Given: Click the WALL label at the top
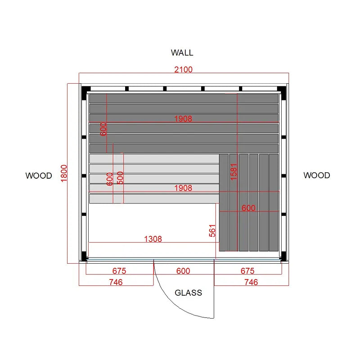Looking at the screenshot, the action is click(182, 53).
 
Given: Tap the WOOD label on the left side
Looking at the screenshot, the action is click(39, 175).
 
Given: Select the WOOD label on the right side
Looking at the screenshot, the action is click(317, 175).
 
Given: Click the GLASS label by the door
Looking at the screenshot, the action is click(188, 293).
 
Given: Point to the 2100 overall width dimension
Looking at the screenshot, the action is click(183, 69).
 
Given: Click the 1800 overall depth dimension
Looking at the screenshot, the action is click(64, 173).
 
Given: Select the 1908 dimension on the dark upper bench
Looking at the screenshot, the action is click(183, 119).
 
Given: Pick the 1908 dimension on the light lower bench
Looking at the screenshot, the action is click(183, 188).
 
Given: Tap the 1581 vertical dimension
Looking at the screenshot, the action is click(234, 172).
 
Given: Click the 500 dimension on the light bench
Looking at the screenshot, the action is click(120, 178).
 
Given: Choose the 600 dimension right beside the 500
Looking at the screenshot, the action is click(110, 179).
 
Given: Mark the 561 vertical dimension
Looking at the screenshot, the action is click(212, 231).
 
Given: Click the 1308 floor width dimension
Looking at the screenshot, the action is click(153, 239).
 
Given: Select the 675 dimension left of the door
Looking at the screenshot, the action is click(119, 271).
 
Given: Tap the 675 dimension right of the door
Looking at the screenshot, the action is click(247, 271).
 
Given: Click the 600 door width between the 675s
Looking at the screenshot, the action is click(183, 271).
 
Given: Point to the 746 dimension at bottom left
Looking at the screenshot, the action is click(116, 282).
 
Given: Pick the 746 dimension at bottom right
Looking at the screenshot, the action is click(251, 282).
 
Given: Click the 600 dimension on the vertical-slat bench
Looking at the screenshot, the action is click(248, 208).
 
